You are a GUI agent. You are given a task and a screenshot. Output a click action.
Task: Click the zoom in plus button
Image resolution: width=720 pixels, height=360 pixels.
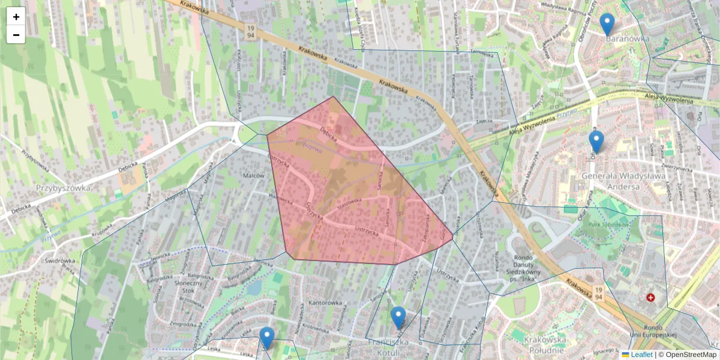(x=16, y=17)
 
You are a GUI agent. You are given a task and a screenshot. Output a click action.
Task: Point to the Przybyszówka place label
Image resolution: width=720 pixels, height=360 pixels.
(x=64, y=187)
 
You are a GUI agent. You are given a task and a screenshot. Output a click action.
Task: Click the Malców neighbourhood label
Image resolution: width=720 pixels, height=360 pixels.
(x=254, y=176)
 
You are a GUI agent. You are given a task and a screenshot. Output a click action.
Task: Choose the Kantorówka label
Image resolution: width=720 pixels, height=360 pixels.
(x=324, y=303)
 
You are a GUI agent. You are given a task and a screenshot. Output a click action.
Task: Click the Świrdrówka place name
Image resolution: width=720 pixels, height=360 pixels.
(x=59, y=261)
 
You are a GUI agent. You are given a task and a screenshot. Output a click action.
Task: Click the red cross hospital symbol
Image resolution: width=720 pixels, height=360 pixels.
(x=650, y=298)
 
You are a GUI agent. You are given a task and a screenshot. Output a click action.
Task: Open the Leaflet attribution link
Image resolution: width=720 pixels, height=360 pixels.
(x=641, y=355)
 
